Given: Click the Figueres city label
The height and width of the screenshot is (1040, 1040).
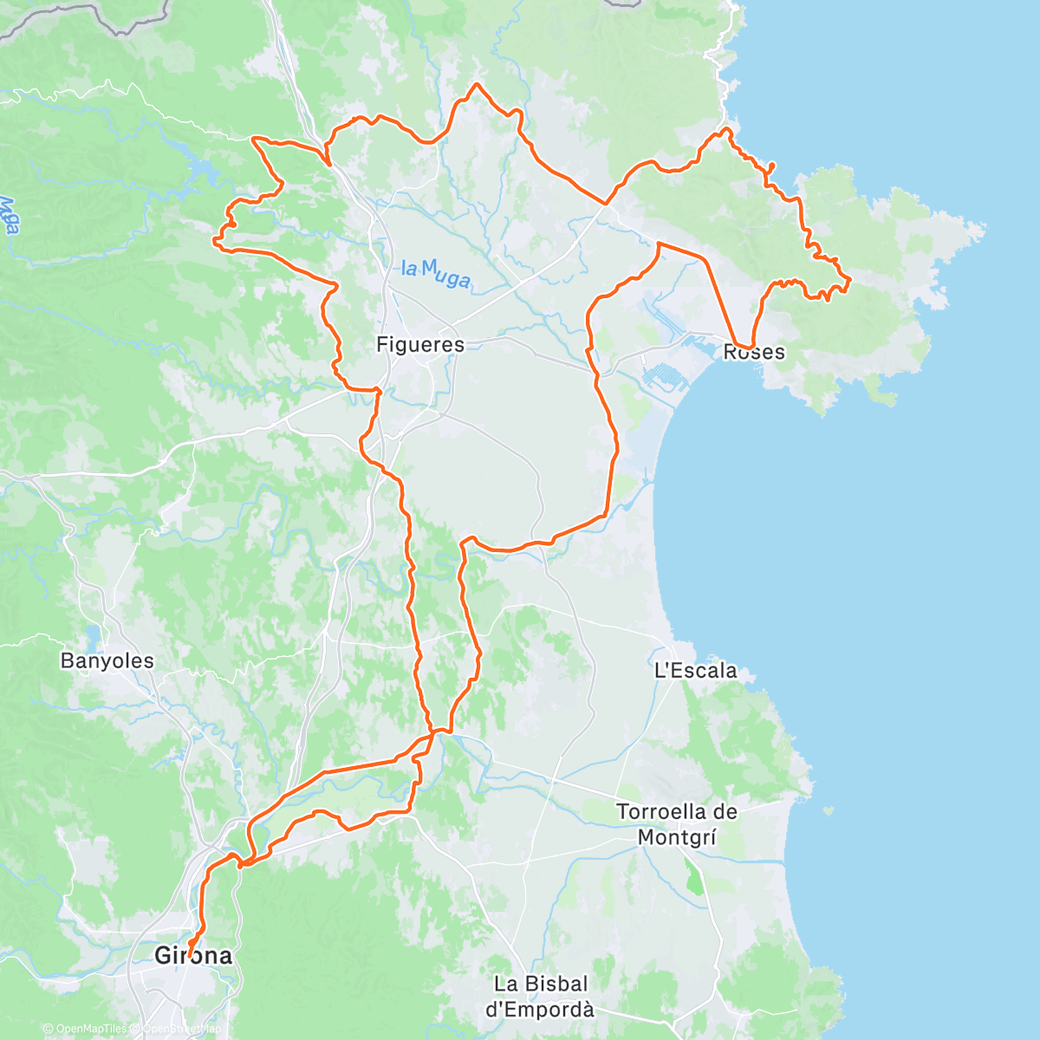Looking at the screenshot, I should pos(419,344).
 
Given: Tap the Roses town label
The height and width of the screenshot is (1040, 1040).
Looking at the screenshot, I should pos(754,352).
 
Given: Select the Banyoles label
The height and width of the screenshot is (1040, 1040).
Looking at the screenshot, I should pos(107,660).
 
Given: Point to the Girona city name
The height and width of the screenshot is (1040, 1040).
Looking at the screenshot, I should pos(192,955).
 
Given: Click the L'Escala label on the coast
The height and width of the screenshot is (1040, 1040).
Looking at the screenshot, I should pos(695,670).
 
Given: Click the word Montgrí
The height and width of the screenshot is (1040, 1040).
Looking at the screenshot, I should pos(676,837).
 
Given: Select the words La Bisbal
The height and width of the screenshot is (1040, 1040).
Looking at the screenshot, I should pos(540,984).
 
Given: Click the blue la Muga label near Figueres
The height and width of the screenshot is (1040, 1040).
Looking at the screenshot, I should pos(436,274).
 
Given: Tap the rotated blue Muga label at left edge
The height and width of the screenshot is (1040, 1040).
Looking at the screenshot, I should pos(10,216).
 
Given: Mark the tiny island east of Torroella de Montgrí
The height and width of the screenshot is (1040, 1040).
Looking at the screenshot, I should pos(829,812).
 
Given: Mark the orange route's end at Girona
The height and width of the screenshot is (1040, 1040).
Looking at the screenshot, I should pos(189,947).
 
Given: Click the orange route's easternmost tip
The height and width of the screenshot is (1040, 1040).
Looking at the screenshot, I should pos(849,279).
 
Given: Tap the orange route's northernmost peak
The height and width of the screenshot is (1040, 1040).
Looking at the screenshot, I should pos(475,84).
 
